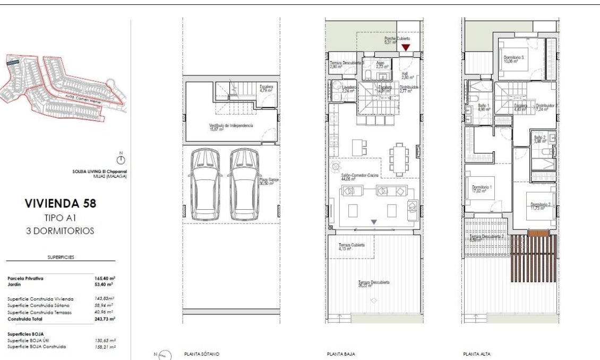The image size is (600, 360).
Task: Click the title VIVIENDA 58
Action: pyautogui.click(x=61, y=203)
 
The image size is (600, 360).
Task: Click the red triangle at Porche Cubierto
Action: pyautogui.click(x=406, y=48)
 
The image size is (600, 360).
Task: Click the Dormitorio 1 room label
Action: pyautogui.click(x=482, y=187)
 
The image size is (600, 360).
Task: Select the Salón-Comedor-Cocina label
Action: pyautogui.click(x=355, y=177)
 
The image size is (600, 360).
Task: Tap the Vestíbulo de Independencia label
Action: pyautogui.click(x=230, y=126)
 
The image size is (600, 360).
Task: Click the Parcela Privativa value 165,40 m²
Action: pyautogui.click(x=105, y=278)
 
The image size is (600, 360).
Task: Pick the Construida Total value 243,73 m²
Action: pyautogui.click(x=105, y=319)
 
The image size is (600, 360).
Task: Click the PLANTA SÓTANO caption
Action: pyautogui.click(x=201, y=354)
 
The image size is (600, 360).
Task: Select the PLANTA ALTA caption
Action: pyautogui.click(x=476, y=354)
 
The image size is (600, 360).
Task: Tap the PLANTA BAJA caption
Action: pyautogui.click(x=341, y=354)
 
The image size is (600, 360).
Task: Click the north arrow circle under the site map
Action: pyautogui.click(x=121, y=160)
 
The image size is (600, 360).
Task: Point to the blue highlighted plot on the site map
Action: pyautogui.click(x=12, y=63)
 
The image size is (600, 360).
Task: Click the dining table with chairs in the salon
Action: pyautogui.click(x=399, y=159)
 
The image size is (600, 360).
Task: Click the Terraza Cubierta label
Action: pyautogui.click(x=352, y=246)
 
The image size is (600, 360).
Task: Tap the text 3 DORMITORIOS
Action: pyautogui.click(x=61, y=231)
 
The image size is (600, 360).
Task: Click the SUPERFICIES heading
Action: pyautogui.click(x=61, y=257)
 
